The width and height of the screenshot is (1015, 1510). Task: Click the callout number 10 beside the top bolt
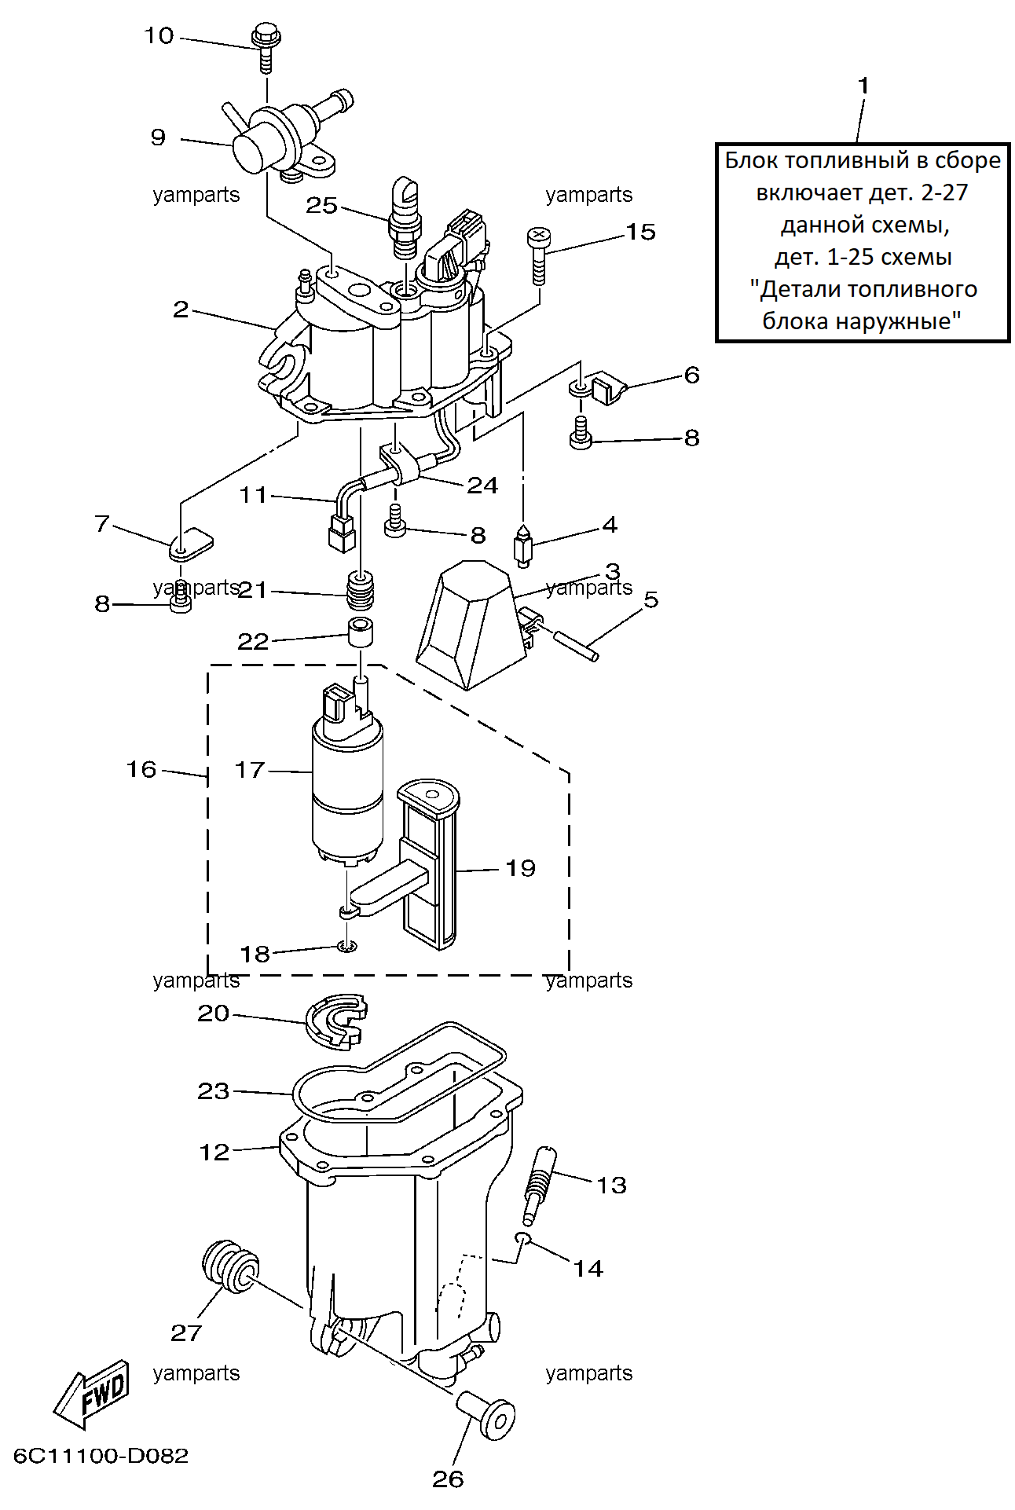159,36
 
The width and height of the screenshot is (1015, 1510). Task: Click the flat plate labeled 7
191,543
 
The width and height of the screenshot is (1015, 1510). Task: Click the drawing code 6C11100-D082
101,1456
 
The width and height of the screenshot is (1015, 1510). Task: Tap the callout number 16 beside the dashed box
141,769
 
